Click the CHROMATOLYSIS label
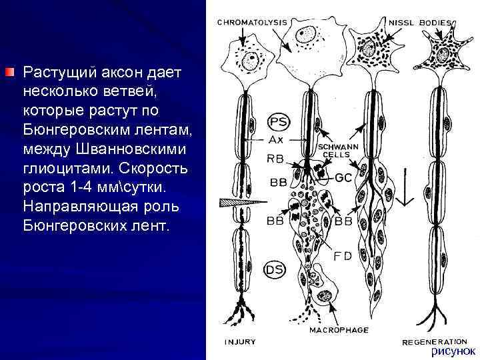[251, 21]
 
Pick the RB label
[276, 159]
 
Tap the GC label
[343, 178]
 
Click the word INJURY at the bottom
[240, 342]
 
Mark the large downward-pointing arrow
[405, 189]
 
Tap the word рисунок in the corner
[451, 350]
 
